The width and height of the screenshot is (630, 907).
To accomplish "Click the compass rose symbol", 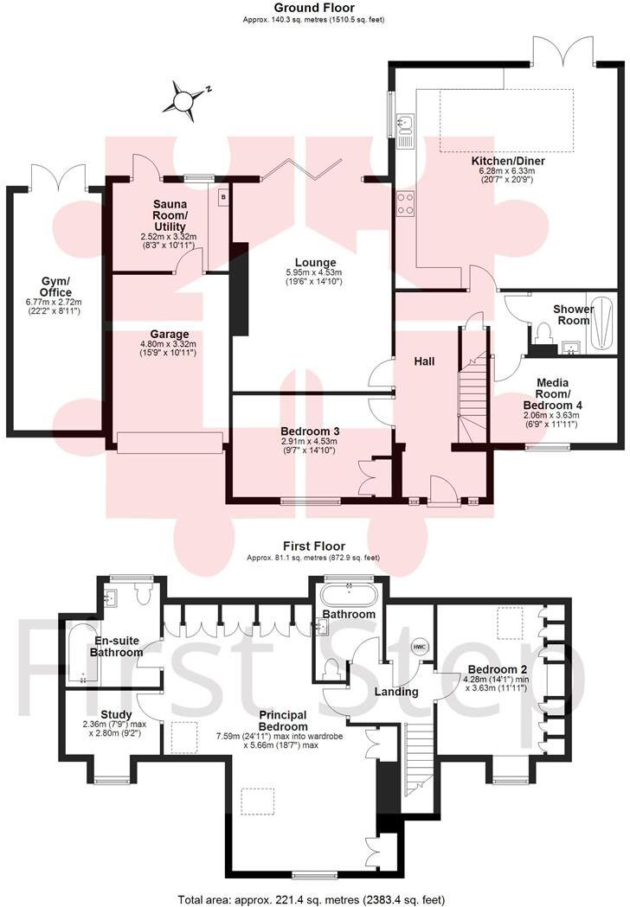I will pos(184,99).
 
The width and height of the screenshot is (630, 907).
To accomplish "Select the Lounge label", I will pos(314,263).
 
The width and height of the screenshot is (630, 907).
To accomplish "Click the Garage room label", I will pos(169,334).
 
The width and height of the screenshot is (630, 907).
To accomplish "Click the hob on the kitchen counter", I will pos(404,203).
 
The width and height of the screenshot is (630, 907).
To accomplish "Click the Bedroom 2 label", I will pos(493,669).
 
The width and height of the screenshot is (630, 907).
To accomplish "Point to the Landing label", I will pos(397,692).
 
